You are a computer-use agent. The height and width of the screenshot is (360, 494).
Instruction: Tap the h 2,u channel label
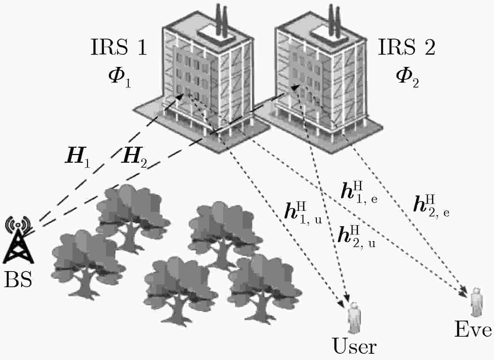pos(357,237)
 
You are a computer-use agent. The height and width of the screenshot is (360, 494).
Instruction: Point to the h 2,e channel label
pos(431,206)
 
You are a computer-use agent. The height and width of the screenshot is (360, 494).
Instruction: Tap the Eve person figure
pos(477,302)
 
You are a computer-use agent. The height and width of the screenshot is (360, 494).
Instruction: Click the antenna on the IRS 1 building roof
pos(221,20)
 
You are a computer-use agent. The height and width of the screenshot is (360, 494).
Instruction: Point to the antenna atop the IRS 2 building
pos(334,20)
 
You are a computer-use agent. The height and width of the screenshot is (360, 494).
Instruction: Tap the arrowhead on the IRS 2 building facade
pos(295,87)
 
